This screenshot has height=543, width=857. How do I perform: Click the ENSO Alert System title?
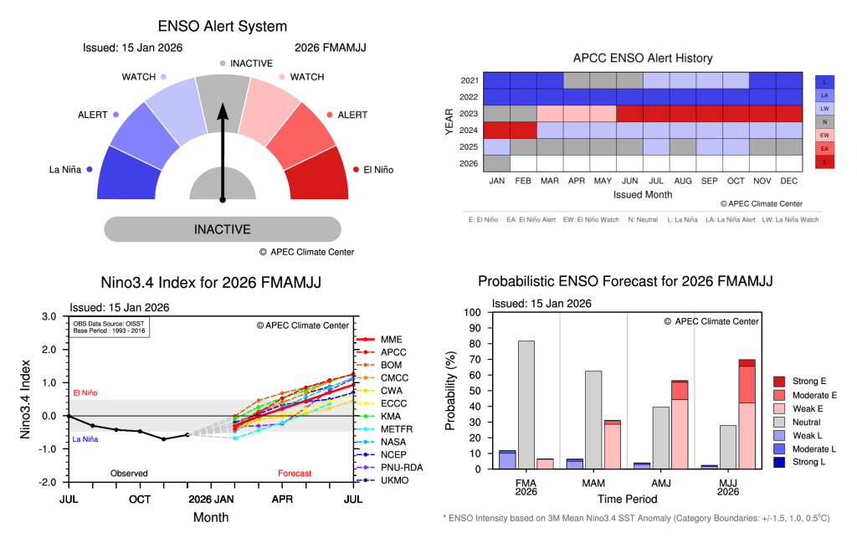click(x=223, y=27)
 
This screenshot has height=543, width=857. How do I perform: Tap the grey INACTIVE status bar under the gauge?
click(x=223, y=229)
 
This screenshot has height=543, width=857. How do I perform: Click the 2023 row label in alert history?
click(x=469, y=113)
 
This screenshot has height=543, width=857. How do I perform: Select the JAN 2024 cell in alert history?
click(x=497, y=130)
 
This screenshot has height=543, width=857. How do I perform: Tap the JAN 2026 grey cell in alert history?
click(x=497, y=163)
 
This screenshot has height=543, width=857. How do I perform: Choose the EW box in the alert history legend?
click(x=824, y=134)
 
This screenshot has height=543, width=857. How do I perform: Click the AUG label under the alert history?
click(x=682, y=180)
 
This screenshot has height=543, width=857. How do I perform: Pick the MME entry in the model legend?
click(x=391, y=339)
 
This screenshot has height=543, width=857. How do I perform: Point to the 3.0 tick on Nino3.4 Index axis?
click(x=49, y=317)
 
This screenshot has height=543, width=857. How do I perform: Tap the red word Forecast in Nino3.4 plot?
click(x=295, y=474)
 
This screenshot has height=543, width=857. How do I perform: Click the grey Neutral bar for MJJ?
click(x=727, y=447)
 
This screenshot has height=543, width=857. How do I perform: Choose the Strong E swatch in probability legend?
click(x=778, y=382)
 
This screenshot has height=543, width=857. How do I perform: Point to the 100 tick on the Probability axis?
click(x=473, y=312)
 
